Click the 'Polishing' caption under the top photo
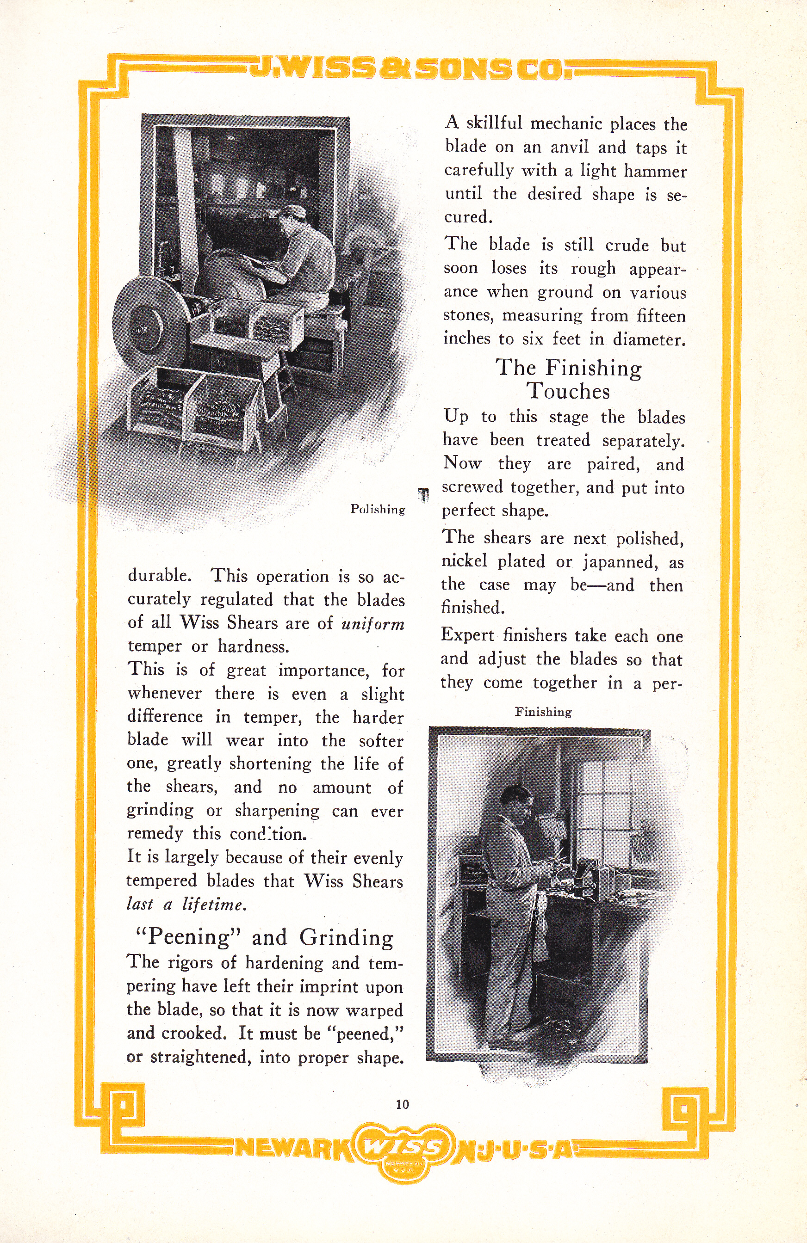coord(378,509)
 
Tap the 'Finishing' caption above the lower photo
coord(543,711)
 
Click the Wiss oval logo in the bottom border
coord(402,1147)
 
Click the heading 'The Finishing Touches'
coord(568,379)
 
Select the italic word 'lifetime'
coord(214,904)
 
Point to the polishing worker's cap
coord(291,211)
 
